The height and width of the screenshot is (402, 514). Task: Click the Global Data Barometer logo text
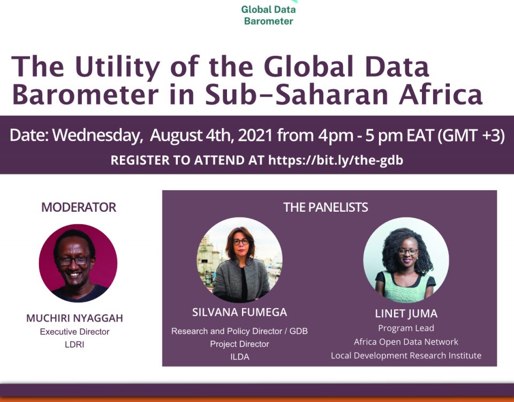pos(268,15)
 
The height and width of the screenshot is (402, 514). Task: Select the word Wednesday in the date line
pos(97,136)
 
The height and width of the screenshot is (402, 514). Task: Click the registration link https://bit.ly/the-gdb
pos(336,160)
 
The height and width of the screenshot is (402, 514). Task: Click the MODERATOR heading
pos(79,207)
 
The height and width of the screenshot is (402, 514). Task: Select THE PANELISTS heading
pos(326,207)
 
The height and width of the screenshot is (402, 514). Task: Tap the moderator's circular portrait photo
pos(78,263)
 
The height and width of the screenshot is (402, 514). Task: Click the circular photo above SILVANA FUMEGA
pos(239,259)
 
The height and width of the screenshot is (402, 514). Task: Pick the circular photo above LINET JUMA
pos(406,259)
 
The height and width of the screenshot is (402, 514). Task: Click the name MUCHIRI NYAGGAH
pos(75,318)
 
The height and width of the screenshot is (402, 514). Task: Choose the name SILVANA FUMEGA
pos(240,312)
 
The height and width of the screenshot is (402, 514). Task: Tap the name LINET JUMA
pos(406,314)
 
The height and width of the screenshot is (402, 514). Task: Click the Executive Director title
pos(75,332)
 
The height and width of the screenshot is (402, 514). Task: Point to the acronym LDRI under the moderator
pos(75,345)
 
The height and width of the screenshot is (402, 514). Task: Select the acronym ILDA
pos(240,357)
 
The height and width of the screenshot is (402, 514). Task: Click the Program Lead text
pos(406,328)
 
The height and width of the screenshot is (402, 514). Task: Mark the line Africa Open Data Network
pos(406,342)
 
